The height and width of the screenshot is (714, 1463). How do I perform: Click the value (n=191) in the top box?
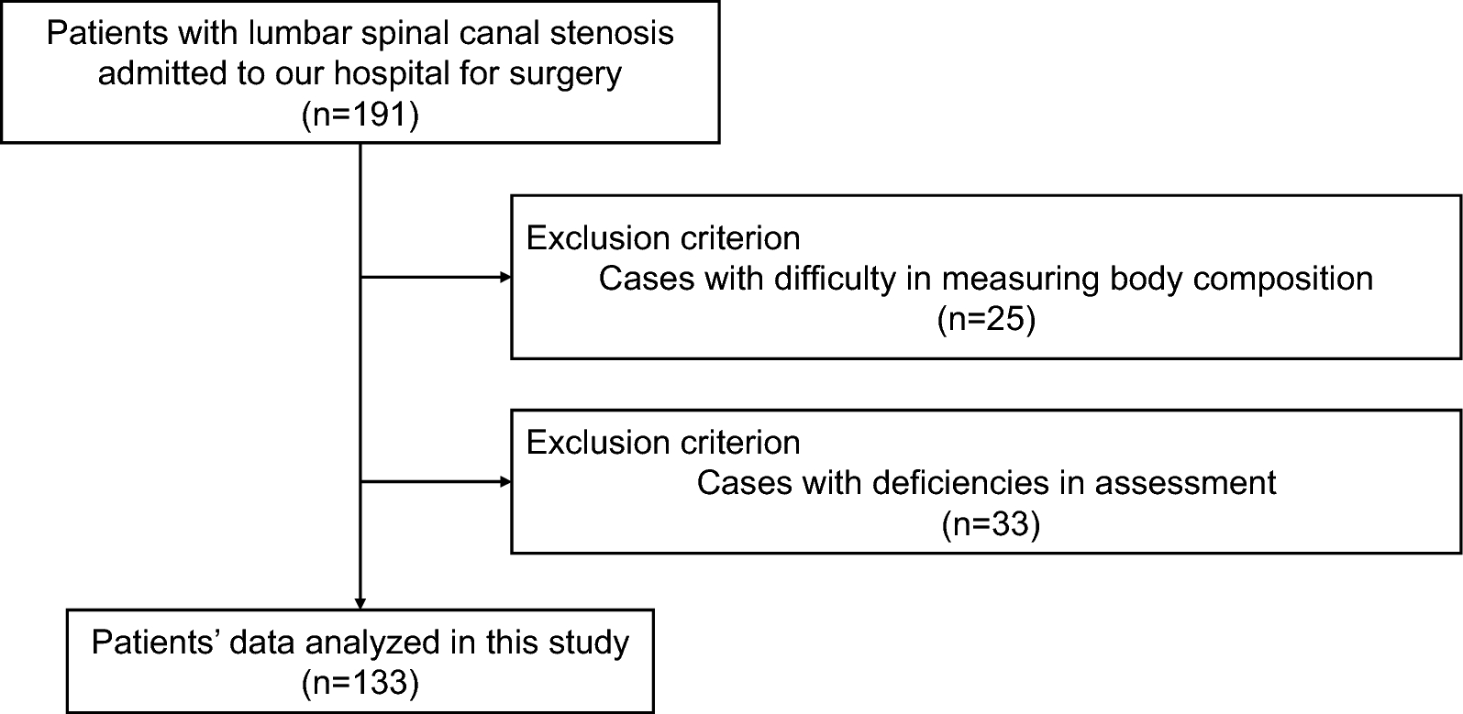(x=360, y=116)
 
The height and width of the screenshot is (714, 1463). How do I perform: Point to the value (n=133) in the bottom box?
(x=360, y=682)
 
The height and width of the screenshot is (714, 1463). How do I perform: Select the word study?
(x=588, y=643)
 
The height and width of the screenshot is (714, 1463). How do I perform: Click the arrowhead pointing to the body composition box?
(x=504, y=277)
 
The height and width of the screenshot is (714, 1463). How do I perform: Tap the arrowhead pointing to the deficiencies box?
(x=504, y=481)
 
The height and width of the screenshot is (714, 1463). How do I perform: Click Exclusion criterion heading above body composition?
(x=663, y=238)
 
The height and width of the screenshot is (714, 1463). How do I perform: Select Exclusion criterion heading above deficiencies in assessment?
(x=663, y=443)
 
